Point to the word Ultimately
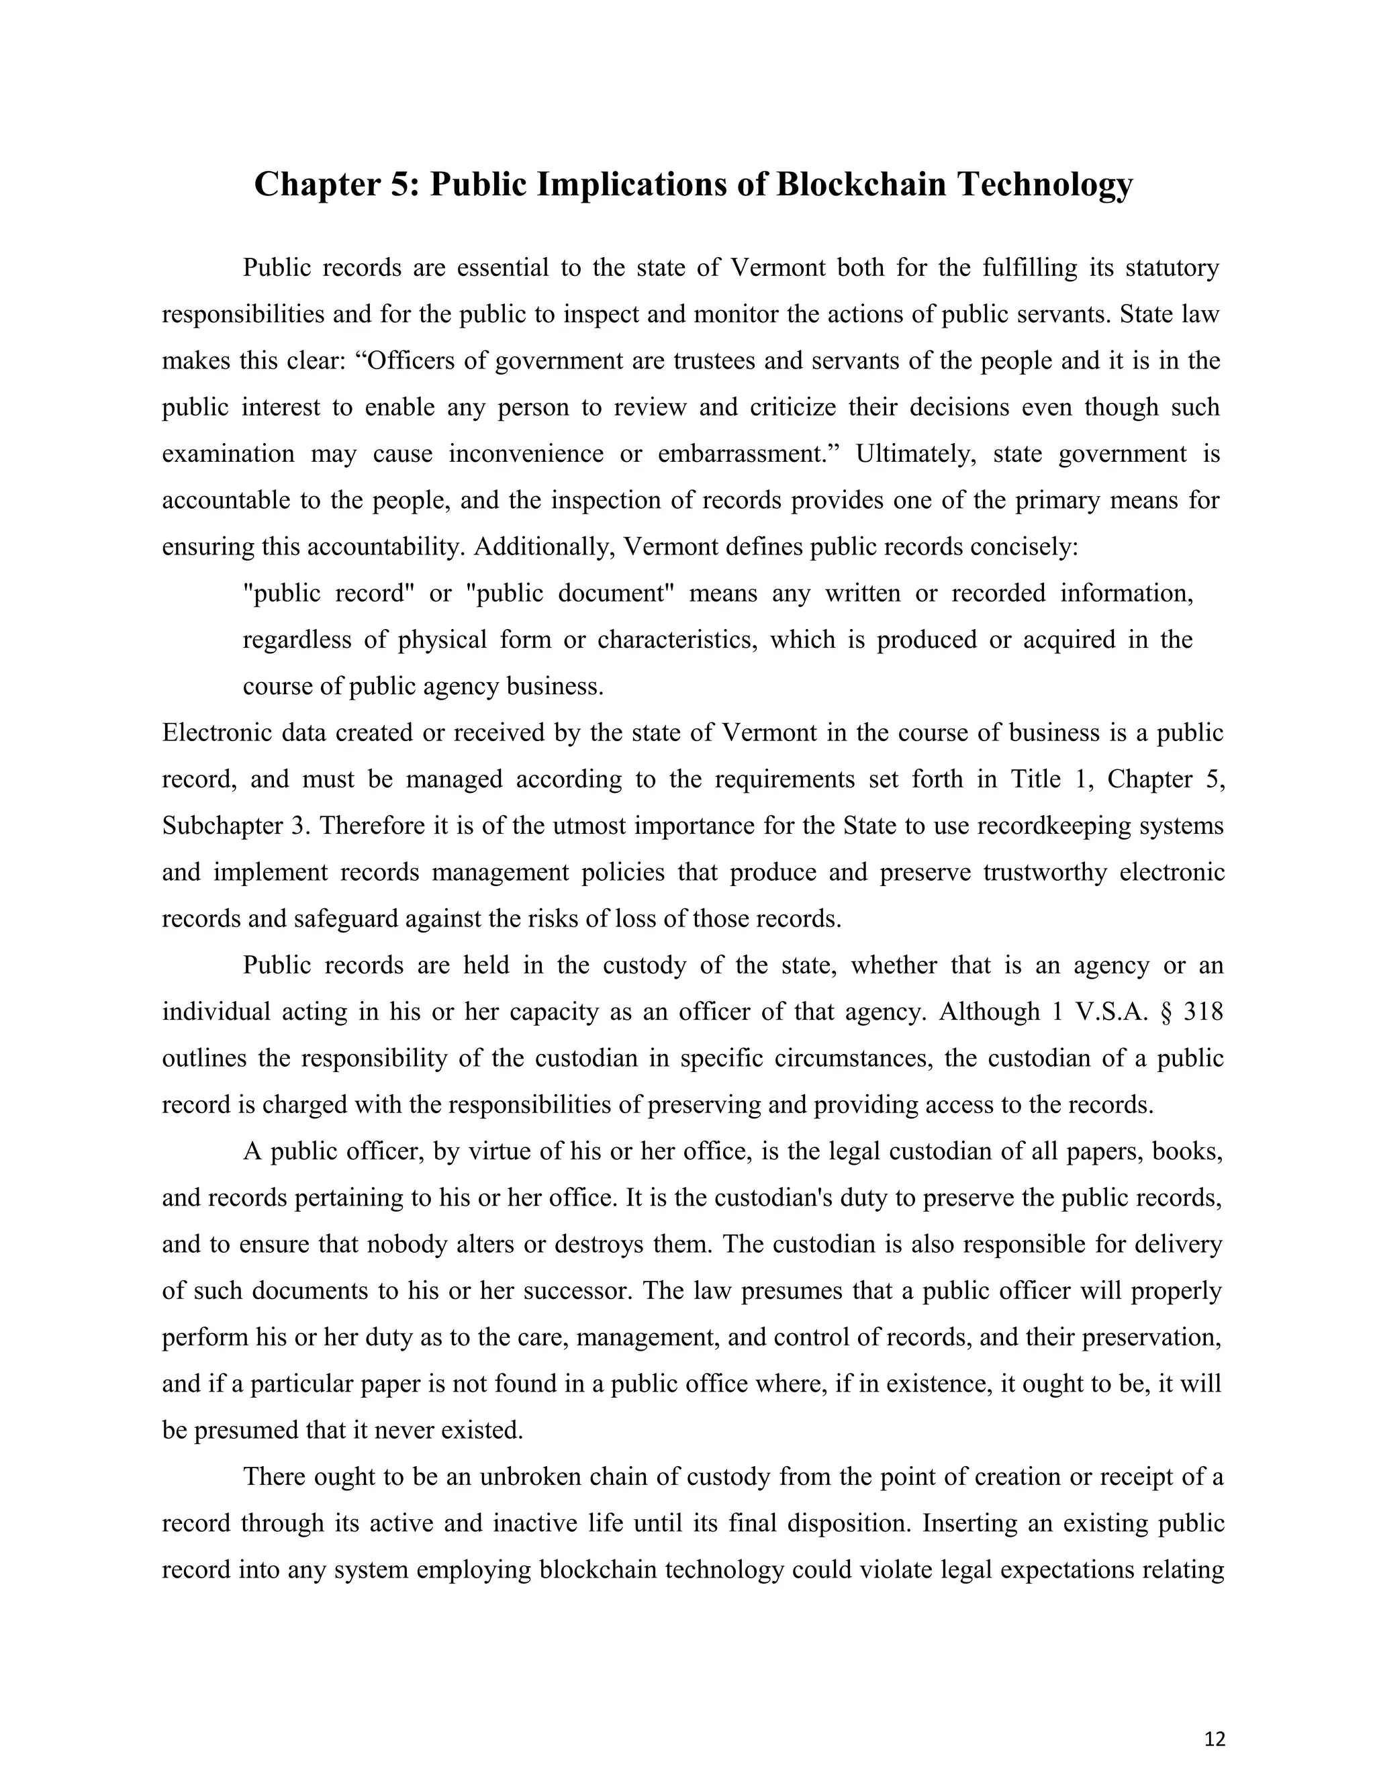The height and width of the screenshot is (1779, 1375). pyautogui.click(x=915, y=454)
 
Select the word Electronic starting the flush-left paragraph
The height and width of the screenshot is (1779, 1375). pyautogui.click(x=216, y=733)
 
